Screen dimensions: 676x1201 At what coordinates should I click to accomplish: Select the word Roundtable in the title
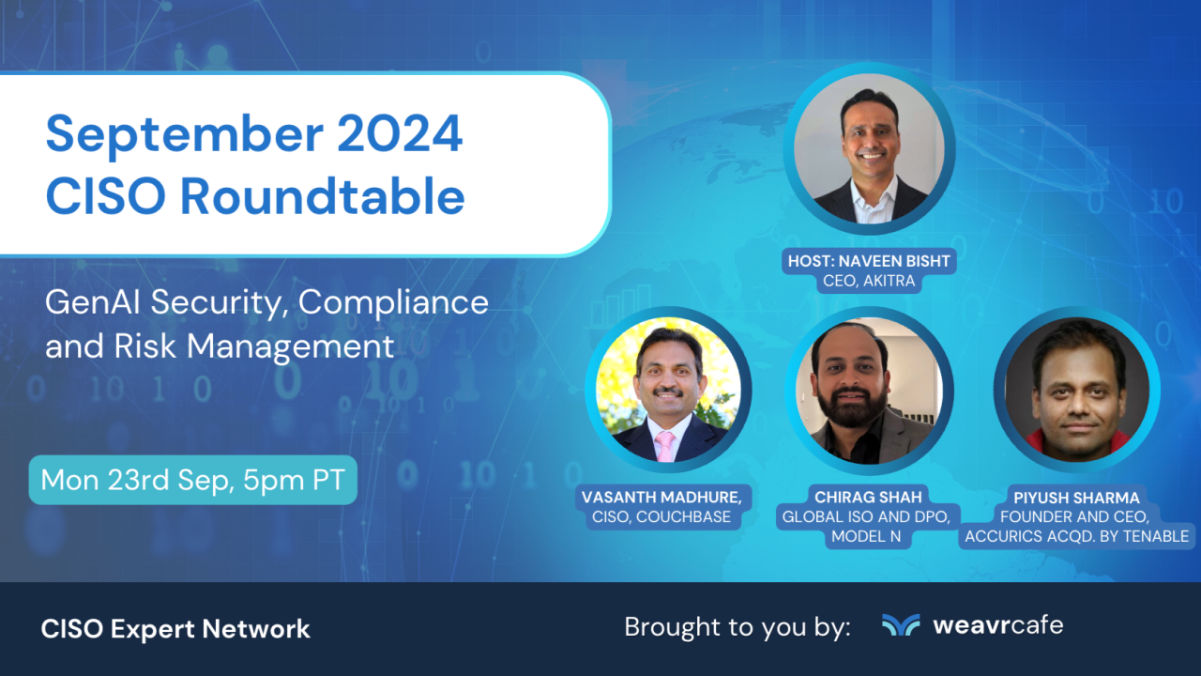click(322, 196)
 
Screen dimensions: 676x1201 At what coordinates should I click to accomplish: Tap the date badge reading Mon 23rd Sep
click(193, 481)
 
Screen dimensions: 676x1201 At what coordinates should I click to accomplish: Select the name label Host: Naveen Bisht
click(869, 261)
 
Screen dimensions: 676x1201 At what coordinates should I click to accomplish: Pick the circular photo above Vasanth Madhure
click(667, 391)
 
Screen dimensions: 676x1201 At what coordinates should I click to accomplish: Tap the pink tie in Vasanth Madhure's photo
click(665, 445)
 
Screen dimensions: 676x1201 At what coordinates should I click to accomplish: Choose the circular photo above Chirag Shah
click(869, 391)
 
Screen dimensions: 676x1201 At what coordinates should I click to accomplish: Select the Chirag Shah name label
click(869, 496)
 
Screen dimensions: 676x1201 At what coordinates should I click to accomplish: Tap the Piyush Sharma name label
click(1075, 496)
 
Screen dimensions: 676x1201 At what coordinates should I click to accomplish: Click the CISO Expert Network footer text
click(175, 629)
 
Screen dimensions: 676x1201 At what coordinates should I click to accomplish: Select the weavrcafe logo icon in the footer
click(901, 625)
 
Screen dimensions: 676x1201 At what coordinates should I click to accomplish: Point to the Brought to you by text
click(737, 627)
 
